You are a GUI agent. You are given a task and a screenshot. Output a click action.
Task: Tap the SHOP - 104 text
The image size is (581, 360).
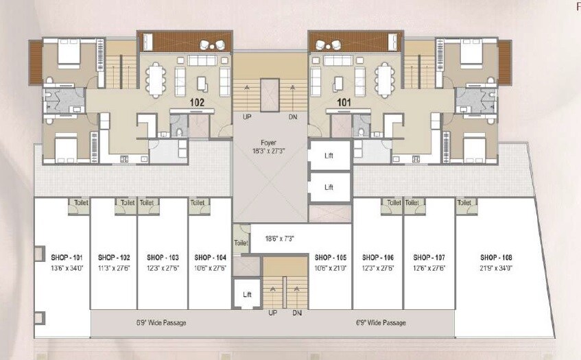tap(211, 257)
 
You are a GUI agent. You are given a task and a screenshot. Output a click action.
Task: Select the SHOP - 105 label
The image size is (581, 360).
tap(329, 257)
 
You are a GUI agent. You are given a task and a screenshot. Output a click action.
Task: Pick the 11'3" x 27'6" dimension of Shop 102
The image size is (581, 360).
tap(114, 268)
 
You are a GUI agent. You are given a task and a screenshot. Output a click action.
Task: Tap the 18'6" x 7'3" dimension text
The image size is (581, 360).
tap(279, 239)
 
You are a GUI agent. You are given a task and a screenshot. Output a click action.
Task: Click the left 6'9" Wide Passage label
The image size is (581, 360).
tap(161, 322)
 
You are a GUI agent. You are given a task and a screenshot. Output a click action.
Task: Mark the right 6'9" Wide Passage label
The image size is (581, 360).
tap(380, 322)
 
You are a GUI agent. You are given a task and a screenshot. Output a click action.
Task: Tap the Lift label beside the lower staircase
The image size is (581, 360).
tap(247, 294)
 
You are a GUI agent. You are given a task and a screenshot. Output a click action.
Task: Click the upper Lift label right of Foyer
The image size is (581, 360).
tap(329, 156)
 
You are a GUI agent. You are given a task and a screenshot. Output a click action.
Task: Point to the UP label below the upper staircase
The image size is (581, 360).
tap(247, 117)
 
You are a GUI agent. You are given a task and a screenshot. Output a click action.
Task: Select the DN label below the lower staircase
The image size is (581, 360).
tap(297, 313)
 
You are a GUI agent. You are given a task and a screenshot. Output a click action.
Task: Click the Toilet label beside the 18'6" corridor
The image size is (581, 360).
tap(240, 243)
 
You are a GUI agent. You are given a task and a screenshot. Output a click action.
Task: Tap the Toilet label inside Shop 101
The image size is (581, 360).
tap(78, 202)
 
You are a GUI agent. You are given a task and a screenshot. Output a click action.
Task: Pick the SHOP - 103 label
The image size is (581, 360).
tap(163, 257)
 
